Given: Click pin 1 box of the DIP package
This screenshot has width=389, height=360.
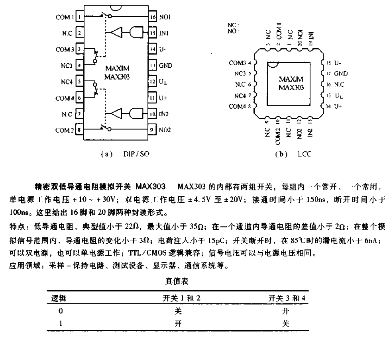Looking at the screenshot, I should tap(80, 17).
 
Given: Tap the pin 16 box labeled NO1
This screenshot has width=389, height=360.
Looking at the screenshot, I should tap(152, 17).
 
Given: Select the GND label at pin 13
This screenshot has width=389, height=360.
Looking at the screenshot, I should tap(165, 65).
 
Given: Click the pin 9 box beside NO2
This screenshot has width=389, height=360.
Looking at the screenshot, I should tap(152, 130).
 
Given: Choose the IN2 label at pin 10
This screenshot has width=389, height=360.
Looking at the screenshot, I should tap(164, 114).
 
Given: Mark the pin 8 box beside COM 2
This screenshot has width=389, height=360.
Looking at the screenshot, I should tap(80, 130).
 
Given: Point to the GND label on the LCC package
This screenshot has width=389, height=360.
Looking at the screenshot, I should tap(341, 74).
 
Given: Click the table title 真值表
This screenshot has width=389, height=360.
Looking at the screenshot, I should tap(177, 282).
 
